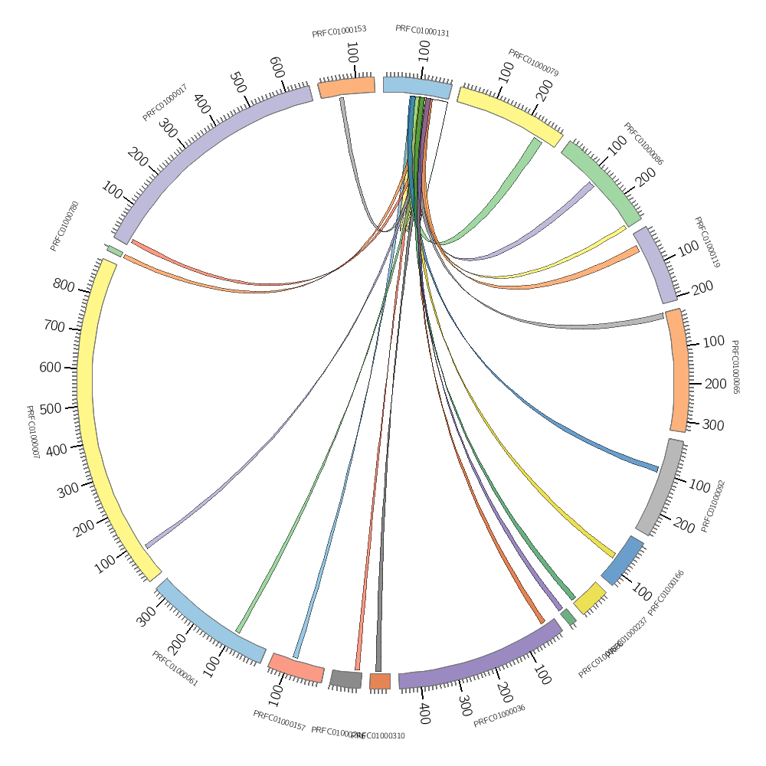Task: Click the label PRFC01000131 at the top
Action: point(422,31)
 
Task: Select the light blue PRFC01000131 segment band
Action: point(417,87)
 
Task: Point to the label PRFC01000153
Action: point(339,31)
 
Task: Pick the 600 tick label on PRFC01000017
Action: point(277,67)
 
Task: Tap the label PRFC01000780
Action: point(64,226)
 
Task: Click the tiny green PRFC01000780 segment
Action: point(115,251)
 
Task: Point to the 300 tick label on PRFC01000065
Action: point(712,425)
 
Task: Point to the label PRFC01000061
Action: point(175,669)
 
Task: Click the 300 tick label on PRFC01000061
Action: point(146,617)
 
